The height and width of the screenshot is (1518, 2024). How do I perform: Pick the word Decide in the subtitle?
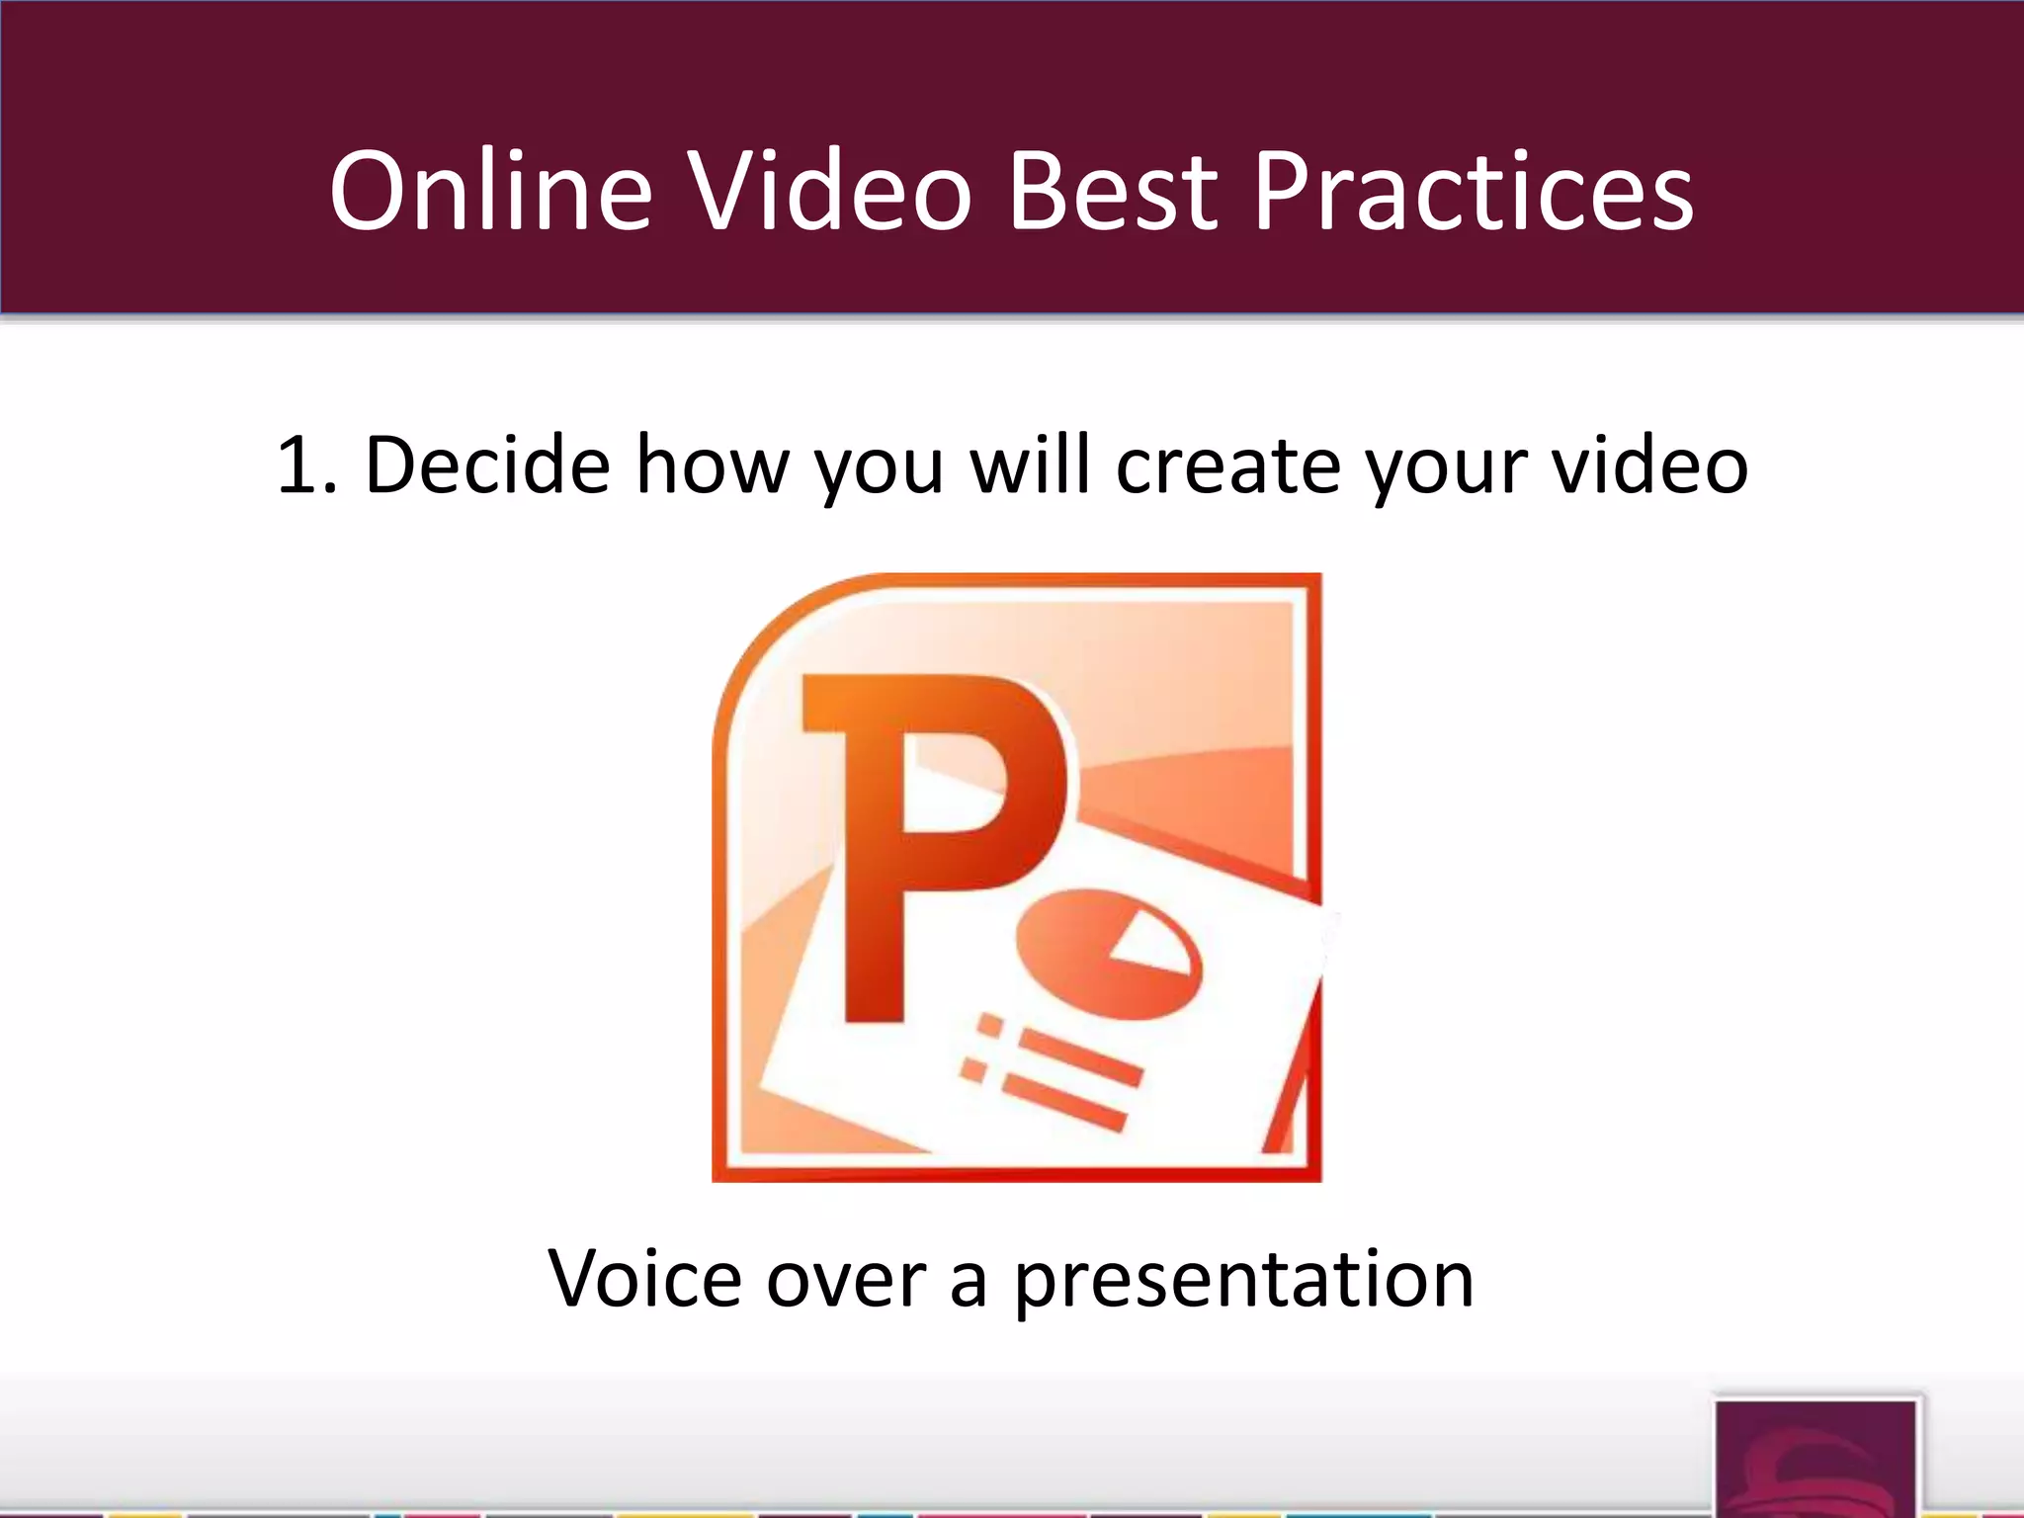pyautogui.click(x=488, y=464)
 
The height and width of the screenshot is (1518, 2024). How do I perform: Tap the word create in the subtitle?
pyautogui.click(x=1228, y=464)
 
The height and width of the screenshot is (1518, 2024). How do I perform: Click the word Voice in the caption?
pyautogui.click(x=644, y=1278)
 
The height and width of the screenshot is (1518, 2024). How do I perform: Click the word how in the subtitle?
pyautogui.click(x=713, y=464)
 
